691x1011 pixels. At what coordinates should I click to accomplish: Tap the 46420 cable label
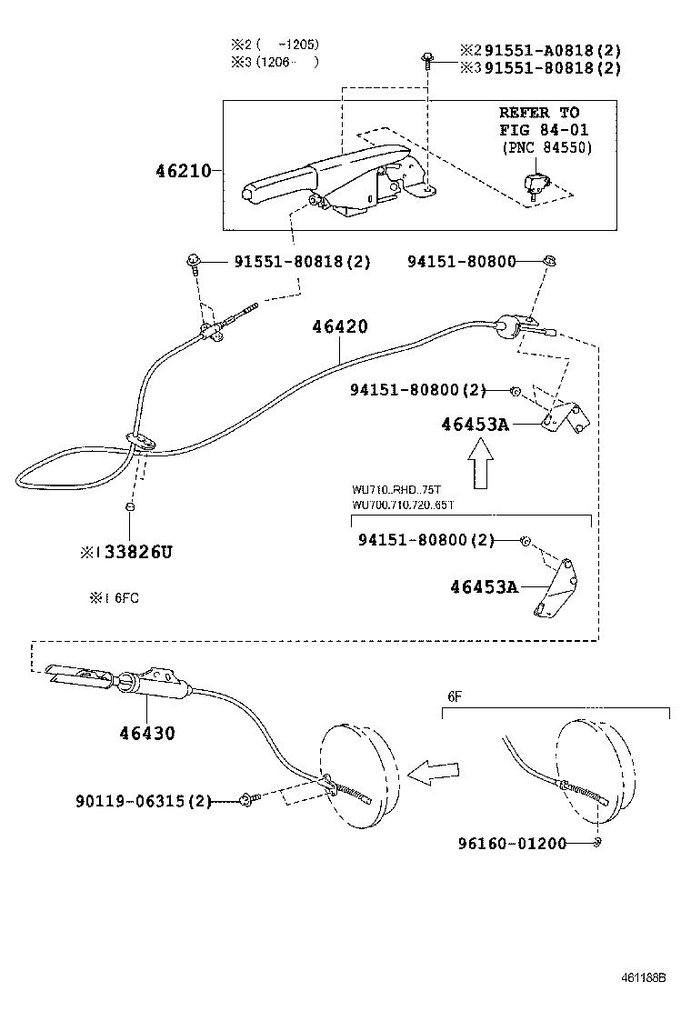(340, 326)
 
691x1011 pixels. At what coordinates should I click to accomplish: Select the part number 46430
(145, 732)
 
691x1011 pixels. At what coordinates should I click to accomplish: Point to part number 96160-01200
(512, 843)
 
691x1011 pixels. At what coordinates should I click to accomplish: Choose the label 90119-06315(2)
(143, 801)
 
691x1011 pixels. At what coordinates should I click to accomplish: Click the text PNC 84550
(546, 147)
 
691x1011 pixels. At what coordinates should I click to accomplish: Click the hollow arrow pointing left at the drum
(433, 774)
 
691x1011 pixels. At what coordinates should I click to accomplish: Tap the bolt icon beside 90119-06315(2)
(248, 801)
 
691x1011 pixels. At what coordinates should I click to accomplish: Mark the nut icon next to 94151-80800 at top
(549, 262)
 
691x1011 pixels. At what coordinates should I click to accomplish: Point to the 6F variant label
(454, 696)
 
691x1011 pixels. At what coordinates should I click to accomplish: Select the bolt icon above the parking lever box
(426, 60)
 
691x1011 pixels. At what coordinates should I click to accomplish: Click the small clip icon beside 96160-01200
(596, 843)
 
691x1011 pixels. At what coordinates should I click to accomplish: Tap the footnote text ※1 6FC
(114, 598)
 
